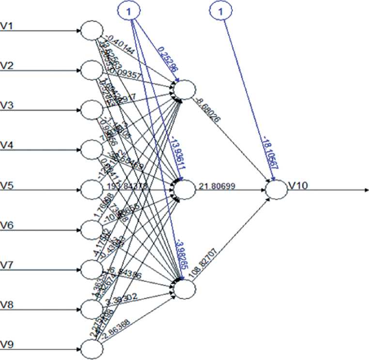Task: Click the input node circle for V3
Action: click(x=91, y=110)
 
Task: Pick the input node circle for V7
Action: click(x=91, y=269)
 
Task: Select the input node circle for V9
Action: click(x=91, y=348)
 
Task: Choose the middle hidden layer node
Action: click(x=185, y=189)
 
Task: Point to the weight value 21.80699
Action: click(x=221, y=185)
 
